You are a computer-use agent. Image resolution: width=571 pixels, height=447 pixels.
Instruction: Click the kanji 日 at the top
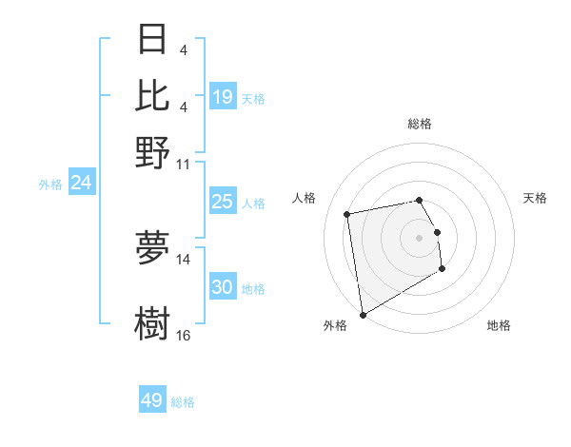tap(152, 40)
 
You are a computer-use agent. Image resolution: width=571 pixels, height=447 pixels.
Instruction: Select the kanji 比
tap(152, 96)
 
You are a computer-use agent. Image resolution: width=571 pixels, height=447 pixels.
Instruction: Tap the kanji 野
tap(152, 152)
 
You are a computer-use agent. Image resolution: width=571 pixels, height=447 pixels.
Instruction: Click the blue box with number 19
tap(223, 96)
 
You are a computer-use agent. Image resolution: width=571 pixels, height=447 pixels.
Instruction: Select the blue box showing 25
tap(223, 202)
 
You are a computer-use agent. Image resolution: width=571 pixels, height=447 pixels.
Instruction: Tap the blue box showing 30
tap(223, 287)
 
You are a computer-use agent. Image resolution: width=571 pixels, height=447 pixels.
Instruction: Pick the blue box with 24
tap(81, 183)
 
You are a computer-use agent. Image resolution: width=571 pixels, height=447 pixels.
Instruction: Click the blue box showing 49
tap(152, 400)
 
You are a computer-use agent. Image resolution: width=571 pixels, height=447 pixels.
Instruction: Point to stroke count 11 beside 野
tap(184, 164)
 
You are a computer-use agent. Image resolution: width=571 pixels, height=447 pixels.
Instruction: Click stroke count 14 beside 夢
tap(184, 259)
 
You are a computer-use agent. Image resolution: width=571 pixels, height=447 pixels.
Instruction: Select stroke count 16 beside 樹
tap(184, 335)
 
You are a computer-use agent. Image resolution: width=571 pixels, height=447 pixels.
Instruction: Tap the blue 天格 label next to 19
tap(253, 98)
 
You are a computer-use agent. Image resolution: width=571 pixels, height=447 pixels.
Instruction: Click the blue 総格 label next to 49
tap(183, 402)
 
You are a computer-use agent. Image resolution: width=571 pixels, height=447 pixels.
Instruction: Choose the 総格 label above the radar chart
tap(419, 124)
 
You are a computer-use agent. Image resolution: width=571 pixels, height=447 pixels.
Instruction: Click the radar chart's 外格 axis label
tap(335, 325)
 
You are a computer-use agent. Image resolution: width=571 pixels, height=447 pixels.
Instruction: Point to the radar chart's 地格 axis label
tap(499, 325)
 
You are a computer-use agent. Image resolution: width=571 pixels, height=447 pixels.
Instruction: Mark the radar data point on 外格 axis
tap(363, 315)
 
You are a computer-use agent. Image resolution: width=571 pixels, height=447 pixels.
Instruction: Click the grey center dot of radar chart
tap(419, 237)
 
